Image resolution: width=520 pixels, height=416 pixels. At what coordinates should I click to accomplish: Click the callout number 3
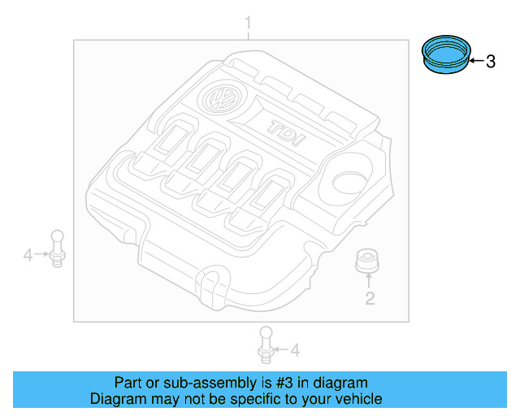coord(490,62)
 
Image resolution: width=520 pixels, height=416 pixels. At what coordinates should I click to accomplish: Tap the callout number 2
coord(369,299)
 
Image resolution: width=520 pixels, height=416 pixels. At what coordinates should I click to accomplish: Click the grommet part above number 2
coord(368,262)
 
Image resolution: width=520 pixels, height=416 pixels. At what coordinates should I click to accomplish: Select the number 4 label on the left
coord(28,256)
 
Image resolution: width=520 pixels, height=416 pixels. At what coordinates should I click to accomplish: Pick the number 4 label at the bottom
coord(295,350)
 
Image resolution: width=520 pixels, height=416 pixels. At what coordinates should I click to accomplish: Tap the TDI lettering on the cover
coord(285,132)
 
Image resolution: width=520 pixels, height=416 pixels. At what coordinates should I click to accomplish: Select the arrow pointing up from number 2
coord(369,281)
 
